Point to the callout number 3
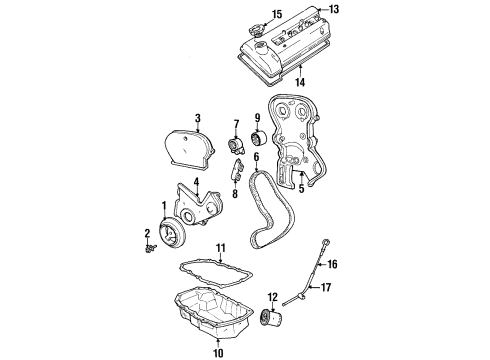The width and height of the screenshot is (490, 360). [198, 118]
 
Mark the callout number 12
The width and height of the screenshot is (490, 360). [270, 297]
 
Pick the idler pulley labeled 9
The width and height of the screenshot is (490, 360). [254, 135]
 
